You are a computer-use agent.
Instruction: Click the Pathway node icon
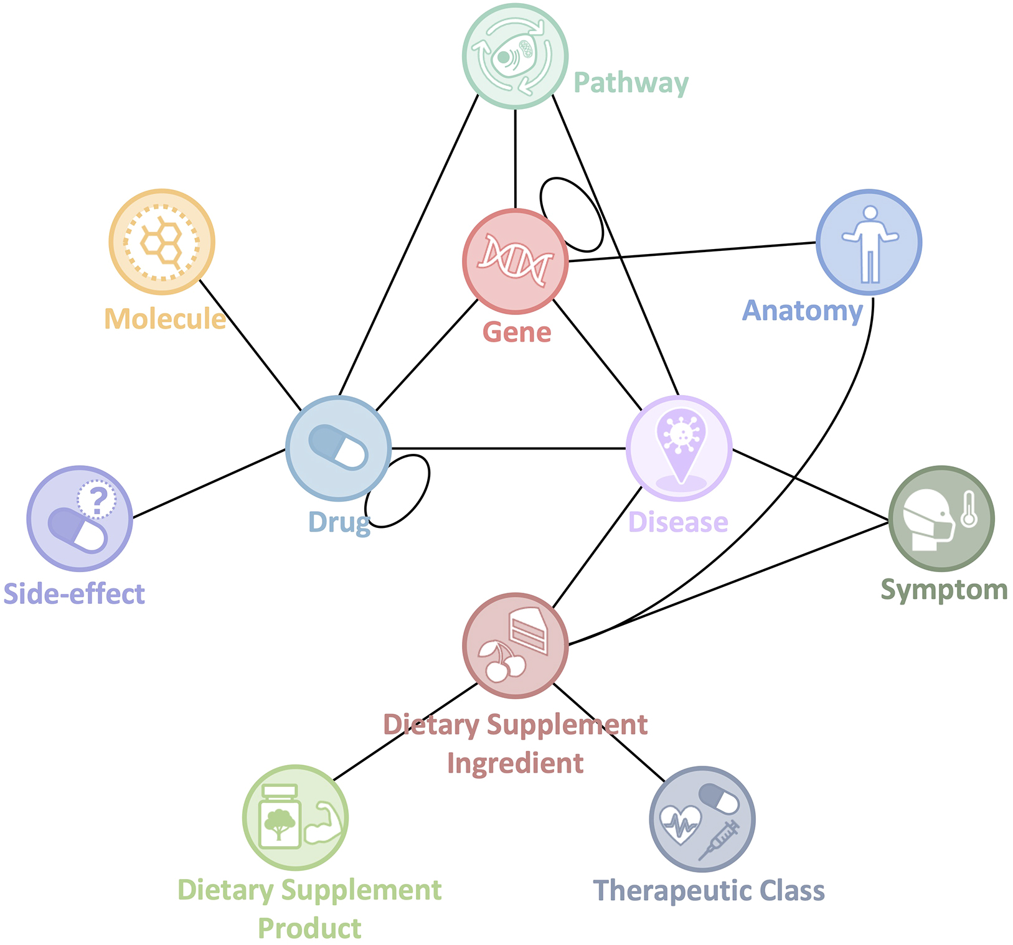click(515, 56)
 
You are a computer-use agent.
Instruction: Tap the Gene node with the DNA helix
click(515, 261)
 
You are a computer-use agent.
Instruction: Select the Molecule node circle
click(162, 242)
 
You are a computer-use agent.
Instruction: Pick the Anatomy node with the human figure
click(869, 242)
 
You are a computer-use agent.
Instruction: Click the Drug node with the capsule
click(338, 448)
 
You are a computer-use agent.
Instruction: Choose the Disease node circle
click(679, 448)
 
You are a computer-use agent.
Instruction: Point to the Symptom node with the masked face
click(941, 519)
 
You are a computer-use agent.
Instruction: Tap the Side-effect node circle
click(80, 519)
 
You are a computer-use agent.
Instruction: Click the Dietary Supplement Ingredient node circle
click(515, 646)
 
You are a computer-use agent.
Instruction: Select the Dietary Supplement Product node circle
click(295, 817)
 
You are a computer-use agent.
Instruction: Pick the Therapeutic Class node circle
click(702, 819)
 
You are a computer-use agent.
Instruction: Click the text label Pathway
click(631, 83)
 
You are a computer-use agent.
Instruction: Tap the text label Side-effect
click(74, 594)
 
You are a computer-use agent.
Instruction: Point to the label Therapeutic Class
click(709, 891)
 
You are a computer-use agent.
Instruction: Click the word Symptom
click(944, 590)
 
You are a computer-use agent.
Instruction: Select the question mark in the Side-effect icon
click(97, 500)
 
